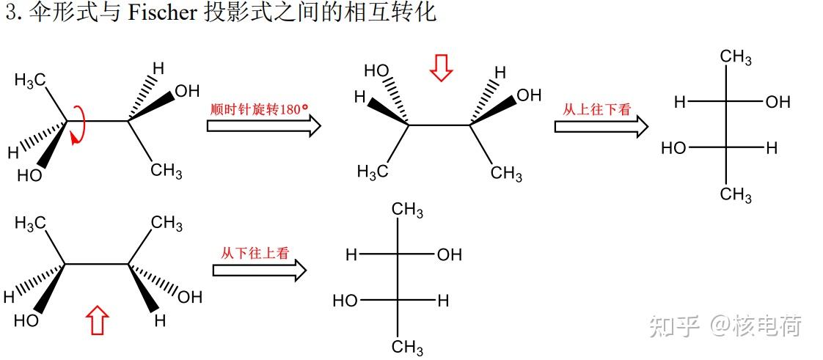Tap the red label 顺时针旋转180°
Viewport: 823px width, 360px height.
[259, 109]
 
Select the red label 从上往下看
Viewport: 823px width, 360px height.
[596, 109]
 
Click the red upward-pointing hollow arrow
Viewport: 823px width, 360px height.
[98, 321]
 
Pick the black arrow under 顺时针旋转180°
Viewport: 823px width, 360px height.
[263, 126]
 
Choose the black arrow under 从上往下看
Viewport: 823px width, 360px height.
[601, 126]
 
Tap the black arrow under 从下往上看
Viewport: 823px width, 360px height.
[259, 271]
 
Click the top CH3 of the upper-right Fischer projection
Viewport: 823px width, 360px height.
[735, 57]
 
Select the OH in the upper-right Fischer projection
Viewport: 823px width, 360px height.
[778, 103]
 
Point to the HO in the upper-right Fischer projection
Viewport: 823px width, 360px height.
[673, 148]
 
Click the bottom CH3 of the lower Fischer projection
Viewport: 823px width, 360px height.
[407, 346]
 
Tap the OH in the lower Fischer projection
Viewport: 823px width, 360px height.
[449, 255]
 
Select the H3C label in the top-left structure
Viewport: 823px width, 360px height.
[32, 80]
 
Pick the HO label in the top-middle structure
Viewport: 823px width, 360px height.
[376, 70]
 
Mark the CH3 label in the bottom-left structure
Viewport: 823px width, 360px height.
[167, 223]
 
